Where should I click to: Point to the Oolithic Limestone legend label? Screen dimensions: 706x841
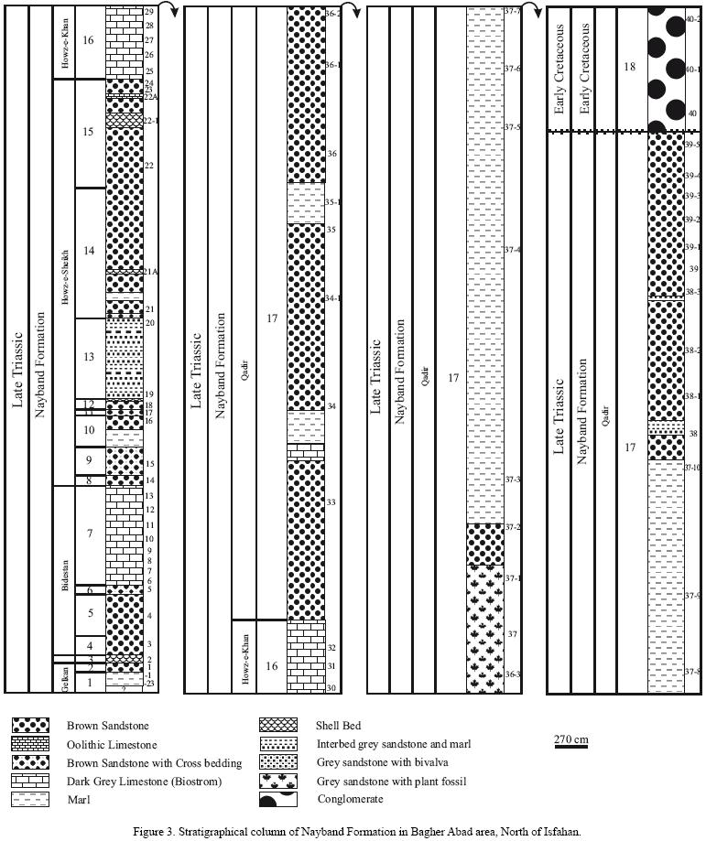(111, 745)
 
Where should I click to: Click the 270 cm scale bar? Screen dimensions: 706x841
(570, 747)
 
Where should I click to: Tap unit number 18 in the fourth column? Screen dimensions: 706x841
(628, 67)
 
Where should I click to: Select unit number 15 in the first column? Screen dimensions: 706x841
(88, 132)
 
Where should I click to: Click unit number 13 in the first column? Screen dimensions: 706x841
(88, 357)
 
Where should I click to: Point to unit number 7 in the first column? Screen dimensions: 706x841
(88, 534)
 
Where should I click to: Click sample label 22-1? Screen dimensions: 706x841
(151, 120)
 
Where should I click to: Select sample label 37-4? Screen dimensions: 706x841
(513, 250)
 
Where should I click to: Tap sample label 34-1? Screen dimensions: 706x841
(333, 298)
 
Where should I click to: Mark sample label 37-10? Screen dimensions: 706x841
(692, 468)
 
